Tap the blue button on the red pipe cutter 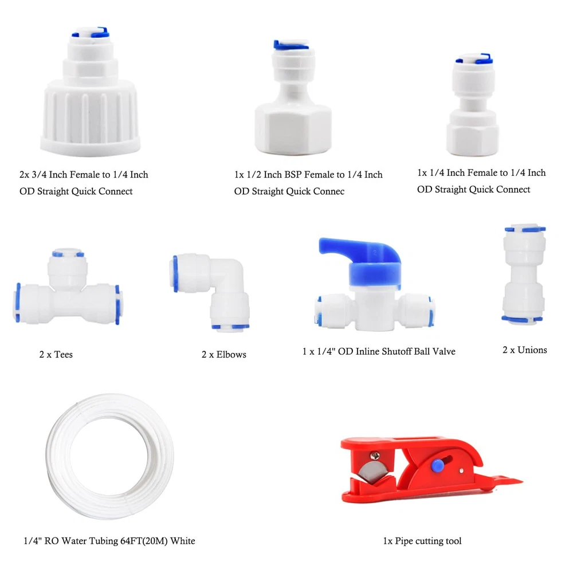[437, 465]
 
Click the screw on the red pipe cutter [375, 456]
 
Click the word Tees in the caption [63, 355]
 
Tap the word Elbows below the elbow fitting [231, 355]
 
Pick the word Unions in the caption [532, 350]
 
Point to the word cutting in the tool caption [431, 541]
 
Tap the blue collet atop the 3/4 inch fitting [91, 33]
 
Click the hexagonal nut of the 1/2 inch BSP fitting [293, 128]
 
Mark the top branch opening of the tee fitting [68, 253]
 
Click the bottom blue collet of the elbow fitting [230, 327]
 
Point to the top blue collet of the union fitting [525, 229]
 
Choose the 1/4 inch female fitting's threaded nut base [473, 133]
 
